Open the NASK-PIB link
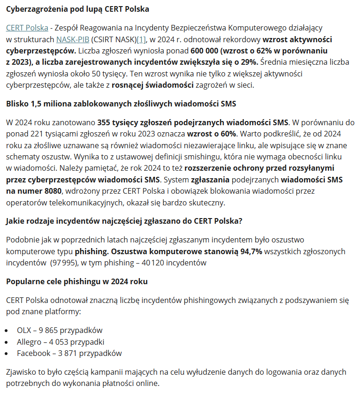click(x=72, y=39)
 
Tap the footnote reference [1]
click(x=142, y=39)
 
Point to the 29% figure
click(x=249, y=62)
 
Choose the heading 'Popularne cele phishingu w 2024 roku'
click(x=77, y=281)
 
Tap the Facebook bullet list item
click(x=69, y=353)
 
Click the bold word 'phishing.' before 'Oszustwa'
click(x=91, y=251)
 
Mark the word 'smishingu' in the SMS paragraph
click(x=157, y=157)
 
